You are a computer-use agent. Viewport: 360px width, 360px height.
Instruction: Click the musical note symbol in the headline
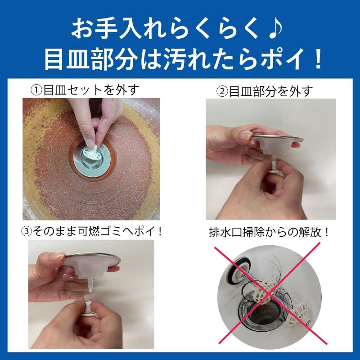[274, 29]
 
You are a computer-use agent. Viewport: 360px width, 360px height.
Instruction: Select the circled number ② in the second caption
[223, 92]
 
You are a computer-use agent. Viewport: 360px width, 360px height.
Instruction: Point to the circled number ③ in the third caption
[27, 231]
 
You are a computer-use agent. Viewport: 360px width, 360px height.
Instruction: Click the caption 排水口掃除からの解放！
[269, 232]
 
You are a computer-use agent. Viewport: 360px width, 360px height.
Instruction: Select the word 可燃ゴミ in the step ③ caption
[110, 231]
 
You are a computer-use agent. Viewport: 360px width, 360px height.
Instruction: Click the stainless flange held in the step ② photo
[277, 139]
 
